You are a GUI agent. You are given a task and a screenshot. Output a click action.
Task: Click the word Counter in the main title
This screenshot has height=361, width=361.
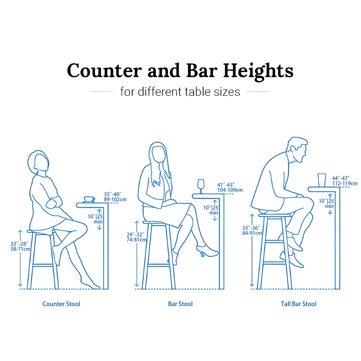click(x=104, y=70)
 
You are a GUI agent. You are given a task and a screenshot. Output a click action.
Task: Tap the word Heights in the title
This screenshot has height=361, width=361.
click(x=258, y=71)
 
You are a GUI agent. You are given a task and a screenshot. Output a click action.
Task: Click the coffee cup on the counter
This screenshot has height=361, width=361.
click(x=89, y=200)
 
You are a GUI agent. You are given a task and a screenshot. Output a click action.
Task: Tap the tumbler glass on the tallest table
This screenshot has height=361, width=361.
click(x=322, y=180)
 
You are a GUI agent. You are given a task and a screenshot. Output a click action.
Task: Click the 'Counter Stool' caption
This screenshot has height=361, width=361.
click(x=61, y=304)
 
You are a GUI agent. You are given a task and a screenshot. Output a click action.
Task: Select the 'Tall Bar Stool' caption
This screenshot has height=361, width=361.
click(x=299, y=304)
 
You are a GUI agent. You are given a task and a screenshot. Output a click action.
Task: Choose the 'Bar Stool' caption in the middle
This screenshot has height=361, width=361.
click(x=180, y=304)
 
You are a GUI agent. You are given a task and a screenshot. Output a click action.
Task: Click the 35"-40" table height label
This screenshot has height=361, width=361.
click(x=112, y=194)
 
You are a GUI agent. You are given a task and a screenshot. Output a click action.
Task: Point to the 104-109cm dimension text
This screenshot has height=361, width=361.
click(x=230, y=190)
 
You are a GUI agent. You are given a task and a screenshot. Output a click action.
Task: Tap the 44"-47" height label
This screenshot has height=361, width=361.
click(x=341, y=178)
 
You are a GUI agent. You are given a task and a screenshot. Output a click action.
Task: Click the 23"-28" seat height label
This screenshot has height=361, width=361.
click(x=19, y=244)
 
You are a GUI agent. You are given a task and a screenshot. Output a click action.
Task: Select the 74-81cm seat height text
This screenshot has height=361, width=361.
click(x=136, y=240)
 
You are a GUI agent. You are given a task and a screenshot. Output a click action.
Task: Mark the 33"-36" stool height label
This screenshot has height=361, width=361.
click(x=251, y=228)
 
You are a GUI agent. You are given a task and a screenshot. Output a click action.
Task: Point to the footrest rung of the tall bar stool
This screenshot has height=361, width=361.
click(x=275, y=263)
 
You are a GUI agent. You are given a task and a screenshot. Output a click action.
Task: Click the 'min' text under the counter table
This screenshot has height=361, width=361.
click(x=98, y=222)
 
